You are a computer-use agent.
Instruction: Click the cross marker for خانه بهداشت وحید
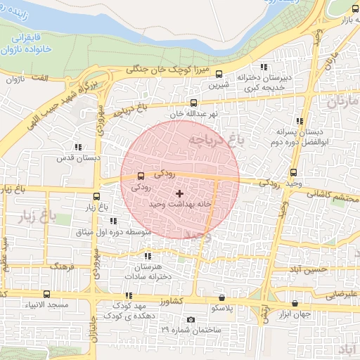pyautogui.click(x=179, y=193)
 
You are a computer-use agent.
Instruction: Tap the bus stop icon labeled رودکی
pyautogui.click(x=141, y=176)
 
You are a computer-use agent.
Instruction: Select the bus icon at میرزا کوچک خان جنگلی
pyautogui.click(x=219, y=74)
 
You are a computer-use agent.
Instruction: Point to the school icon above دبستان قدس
pyautogui.click(x=78, y=147)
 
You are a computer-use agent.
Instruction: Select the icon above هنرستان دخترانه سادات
pyautogui.click(x=147, y=257)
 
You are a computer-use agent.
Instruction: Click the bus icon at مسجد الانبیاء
pyautogui.click(x=46, y=294)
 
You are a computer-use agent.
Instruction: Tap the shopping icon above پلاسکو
pyautogui.click(x=222, y=297)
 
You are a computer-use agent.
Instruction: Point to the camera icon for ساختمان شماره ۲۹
pyautogui.click(x=191, y=319)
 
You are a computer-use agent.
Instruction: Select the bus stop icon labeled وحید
pyautogui.click(x=293, y=172)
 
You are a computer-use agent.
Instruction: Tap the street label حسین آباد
pyautogui.click(x=310, y=269)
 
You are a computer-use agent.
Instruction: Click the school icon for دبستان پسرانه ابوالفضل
pyautogui.click(x=300, y=122)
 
